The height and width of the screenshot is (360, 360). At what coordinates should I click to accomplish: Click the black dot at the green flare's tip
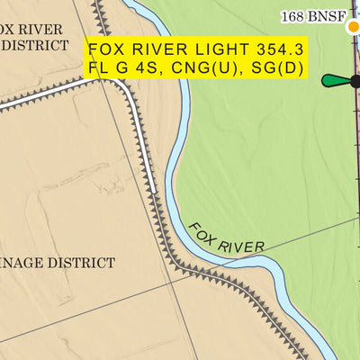click(x=355, y=81)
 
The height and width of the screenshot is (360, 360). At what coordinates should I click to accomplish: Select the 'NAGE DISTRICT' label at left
click(x=58, y=263)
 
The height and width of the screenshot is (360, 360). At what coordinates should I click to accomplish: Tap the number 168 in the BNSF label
click(x=292, y=17)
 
